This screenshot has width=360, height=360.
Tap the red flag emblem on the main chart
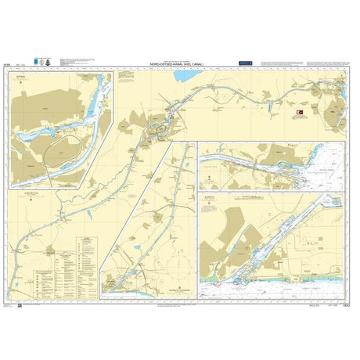(x=300, y=115)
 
